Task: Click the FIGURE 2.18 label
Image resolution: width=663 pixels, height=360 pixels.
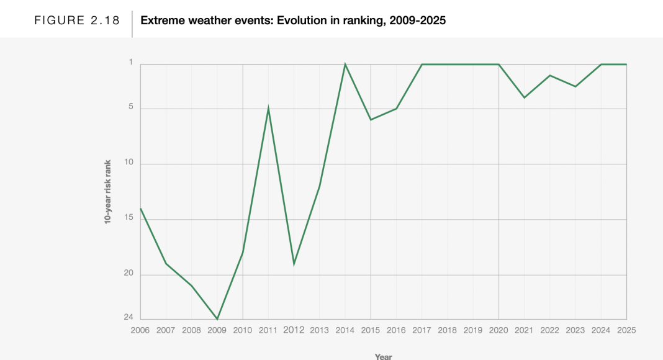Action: click(77, 20)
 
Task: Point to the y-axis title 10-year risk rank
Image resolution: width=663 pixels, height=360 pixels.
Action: click(107, 192)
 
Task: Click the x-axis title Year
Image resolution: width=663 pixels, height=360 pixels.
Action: click(383, 356)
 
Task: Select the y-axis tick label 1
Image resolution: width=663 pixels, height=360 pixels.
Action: click(131, 62)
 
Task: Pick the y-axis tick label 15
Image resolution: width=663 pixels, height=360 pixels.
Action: click(129, 218)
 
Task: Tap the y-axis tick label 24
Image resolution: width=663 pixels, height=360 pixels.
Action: click(129, 317)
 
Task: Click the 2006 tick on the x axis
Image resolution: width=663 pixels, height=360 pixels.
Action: click(140, 330)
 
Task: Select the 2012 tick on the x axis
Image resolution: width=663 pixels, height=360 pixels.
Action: click(294, 330)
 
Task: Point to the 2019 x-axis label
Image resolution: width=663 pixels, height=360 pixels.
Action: click(473, 330)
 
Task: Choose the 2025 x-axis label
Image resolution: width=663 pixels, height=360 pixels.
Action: click(626, 330)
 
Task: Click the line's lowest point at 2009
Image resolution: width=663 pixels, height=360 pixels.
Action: click(217, 319)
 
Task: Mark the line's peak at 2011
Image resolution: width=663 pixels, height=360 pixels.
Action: click(268, 109)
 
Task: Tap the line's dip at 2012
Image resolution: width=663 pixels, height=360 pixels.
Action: click(294, 264)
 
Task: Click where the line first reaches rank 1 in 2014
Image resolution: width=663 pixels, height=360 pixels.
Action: click(345, 65)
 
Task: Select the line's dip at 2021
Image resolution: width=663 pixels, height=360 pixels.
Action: click(524, 97)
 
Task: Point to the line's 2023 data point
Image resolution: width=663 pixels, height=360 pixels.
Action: click(575, 86)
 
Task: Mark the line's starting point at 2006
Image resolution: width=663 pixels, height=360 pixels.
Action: click(141, 209)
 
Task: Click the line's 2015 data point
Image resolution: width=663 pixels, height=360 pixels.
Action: click(371, 120)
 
